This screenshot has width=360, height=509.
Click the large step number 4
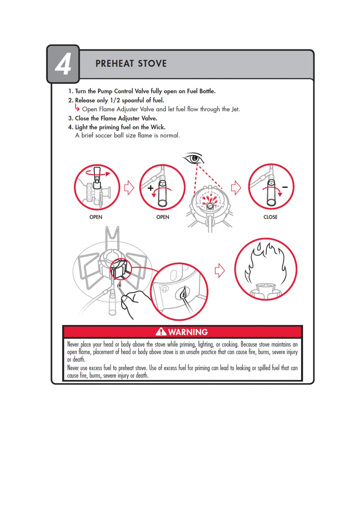click(x=63, y=64)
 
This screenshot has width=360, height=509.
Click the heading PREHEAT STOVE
click(x=131, y=63)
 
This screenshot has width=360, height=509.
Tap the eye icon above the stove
click(x=193, y=158)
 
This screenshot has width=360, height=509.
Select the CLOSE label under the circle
click(x=270, y=217)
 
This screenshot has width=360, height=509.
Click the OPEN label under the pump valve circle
click(x=96, y=217)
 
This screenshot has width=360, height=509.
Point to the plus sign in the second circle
click(x=150, y=188)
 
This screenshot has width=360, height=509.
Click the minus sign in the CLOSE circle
click(x=285, y=187)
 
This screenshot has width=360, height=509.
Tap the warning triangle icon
click(x=161, y=332)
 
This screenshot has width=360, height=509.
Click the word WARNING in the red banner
click(x=188, y=332)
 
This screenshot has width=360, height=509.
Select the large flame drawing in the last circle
click(x=265, y=263)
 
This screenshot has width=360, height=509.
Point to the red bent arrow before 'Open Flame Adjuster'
click(x=77, y=108)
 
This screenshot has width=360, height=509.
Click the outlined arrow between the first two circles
click(x=129, y=188)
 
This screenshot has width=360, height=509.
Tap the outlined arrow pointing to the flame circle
click(x=220, y=271)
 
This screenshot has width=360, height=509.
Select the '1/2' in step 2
click(x=115, y=100)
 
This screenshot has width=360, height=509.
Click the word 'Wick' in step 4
click(x=157, y=127)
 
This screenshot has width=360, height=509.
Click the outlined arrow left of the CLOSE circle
click(x=236, y=188)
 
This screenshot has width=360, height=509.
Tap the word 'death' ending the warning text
click(x=141, y=375)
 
